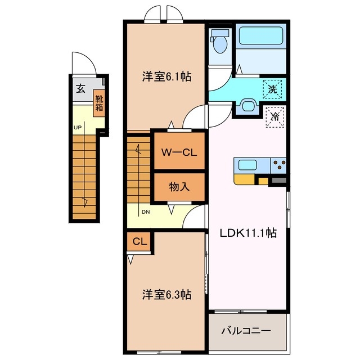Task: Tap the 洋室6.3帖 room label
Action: [166, 294]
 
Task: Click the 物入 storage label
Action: [179, 187]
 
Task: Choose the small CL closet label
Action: [139, 242]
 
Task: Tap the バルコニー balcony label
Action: [245, 331]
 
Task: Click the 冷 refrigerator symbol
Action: [275, 117]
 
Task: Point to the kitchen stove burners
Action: [278, 165]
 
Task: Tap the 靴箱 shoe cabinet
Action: [100, 103]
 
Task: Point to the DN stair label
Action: [145, 212]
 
